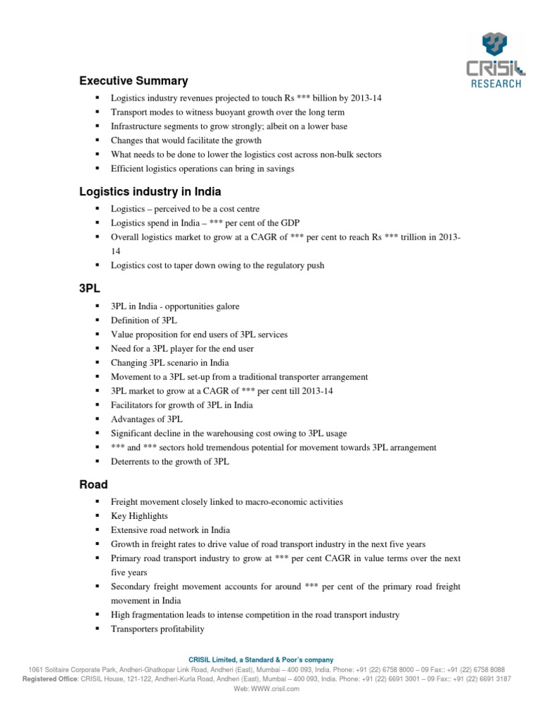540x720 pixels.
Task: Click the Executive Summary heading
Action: [x=134, y=81]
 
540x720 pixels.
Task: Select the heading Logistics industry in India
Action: [x=150, y=191]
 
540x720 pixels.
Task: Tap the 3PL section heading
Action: [x=89, y=288]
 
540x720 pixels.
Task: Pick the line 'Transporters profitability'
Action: [x=157, y=629]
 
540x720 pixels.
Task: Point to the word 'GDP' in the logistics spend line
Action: [x=290, y=223]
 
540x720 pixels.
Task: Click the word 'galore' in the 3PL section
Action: [x=225, y=307]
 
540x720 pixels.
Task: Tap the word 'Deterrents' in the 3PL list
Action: [x=132, y=461]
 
